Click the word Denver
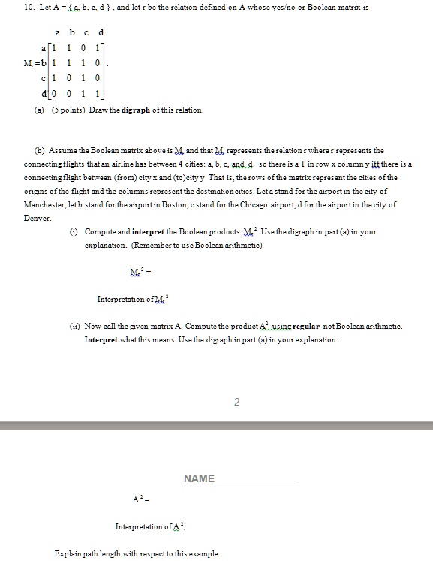tap(35, 218)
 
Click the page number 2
tap(236, 403)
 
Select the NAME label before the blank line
tap(199, 478)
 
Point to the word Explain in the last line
tap(69, 553)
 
